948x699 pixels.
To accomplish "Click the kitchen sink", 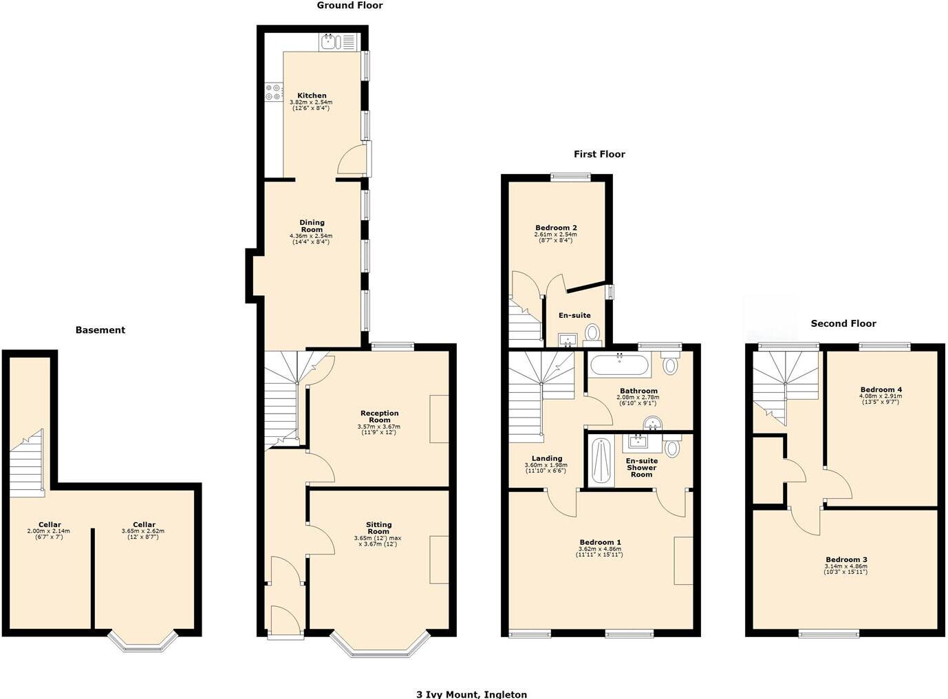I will click(330, 42).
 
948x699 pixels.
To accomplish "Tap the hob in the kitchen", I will click(273, 92).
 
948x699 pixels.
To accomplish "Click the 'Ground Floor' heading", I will click(349, 6).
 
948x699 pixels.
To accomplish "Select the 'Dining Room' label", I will click(312, 226).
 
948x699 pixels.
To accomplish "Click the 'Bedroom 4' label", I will click(881, 389).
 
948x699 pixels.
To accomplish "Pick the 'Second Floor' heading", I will click(843, 323).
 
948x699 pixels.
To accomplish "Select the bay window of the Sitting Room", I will click(380, 647).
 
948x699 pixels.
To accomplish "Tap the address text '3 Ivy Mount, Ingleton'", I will click(472, 694).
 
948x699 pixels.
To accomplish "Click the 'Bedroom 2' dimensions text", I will click(555, 237).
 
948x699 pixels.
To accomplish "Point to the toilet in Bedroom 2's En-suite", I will click(592, 334).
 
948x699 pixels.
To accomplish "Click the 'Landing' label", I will click(547, 458).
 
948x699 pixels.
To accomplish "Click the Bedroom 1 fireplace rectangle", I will click(683, 560).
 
